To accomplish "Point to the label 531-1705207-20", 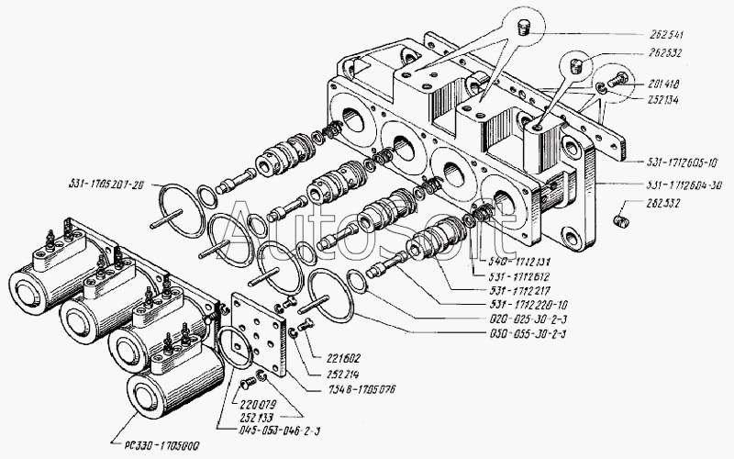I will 106,182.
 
